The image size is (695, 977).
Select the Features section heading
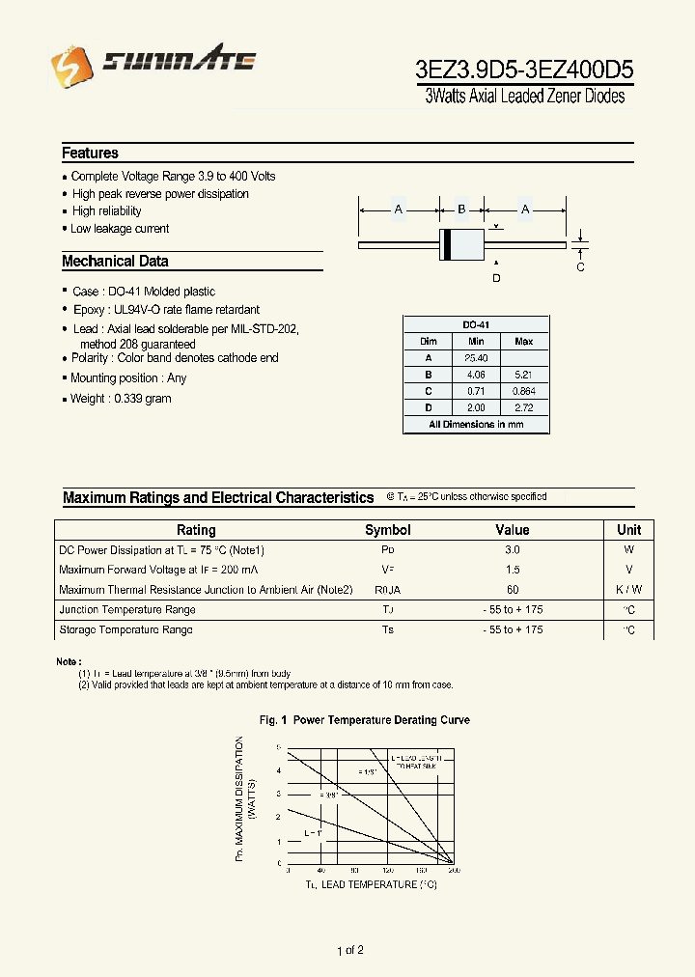coord(90,153)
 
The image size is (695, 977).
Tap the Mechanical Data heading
coord(115,261)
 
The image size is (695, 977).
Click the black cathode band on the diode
coord(446,245)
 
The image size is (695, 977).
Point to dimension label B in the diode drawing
coord(461,209)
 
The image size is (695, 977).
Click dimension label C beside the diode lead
coord(580,267)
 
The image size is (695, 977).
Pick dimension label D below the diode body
coord(496,279)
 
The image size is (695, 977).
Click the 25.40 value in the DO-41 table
coord(476,358)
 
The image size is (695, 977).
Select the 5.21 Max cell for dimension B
coord(523,375)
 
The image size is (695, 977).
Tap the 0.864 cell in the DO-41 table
coord(523,391)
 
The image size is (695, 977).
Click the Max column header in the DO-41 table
coord(523,342)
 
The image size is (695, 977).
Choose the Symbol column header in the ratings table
coord(387,530)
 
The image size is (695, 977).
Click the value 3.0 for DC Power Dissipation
coord(512,549)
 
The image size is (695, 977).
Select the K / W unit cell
coord(628,590)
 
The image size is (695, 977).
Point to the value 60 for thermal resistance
coord(512,590)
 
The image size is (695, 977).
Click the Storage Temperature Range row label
coord(125,629)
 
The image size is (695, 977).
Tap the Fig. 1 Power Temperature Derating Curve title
coord(365,720)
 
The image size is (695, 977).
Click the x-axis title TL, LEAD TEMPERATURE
coord(357,884)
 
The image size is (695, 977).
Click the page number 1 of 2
coord(349,951)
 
